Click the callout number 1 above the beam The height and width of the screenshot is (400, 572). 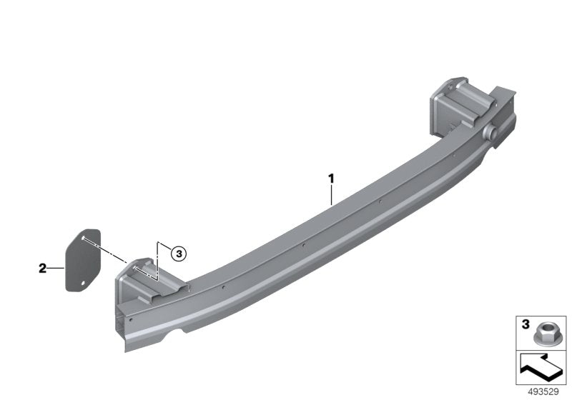[331, 177]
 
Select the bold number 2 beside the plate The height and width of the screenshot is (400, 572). [43, 269]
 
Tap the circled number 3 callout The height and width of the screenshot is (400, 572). [178, 252]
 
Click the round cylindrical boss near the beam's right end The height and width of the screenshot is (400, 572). [491, 134]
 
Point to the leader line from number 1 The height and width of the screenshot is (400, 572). [331, 194]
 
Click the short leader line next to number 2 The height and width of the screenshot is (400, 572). [56, 269]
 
